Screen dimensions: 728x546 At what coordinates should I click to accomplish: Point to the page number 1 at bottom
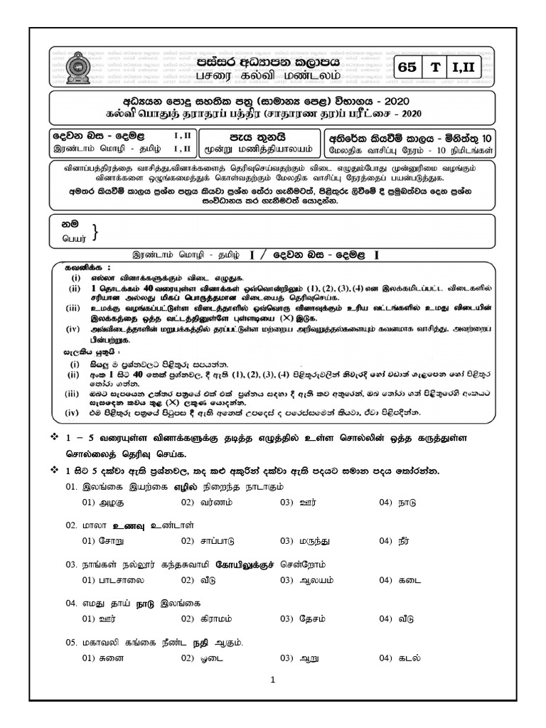pos(273,679)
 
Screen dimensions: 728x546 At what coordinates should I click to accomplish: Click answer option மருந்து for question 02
pos(315,541)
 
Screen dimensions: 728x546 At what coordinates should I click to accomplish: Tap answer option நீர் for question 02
pos(407,541)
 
